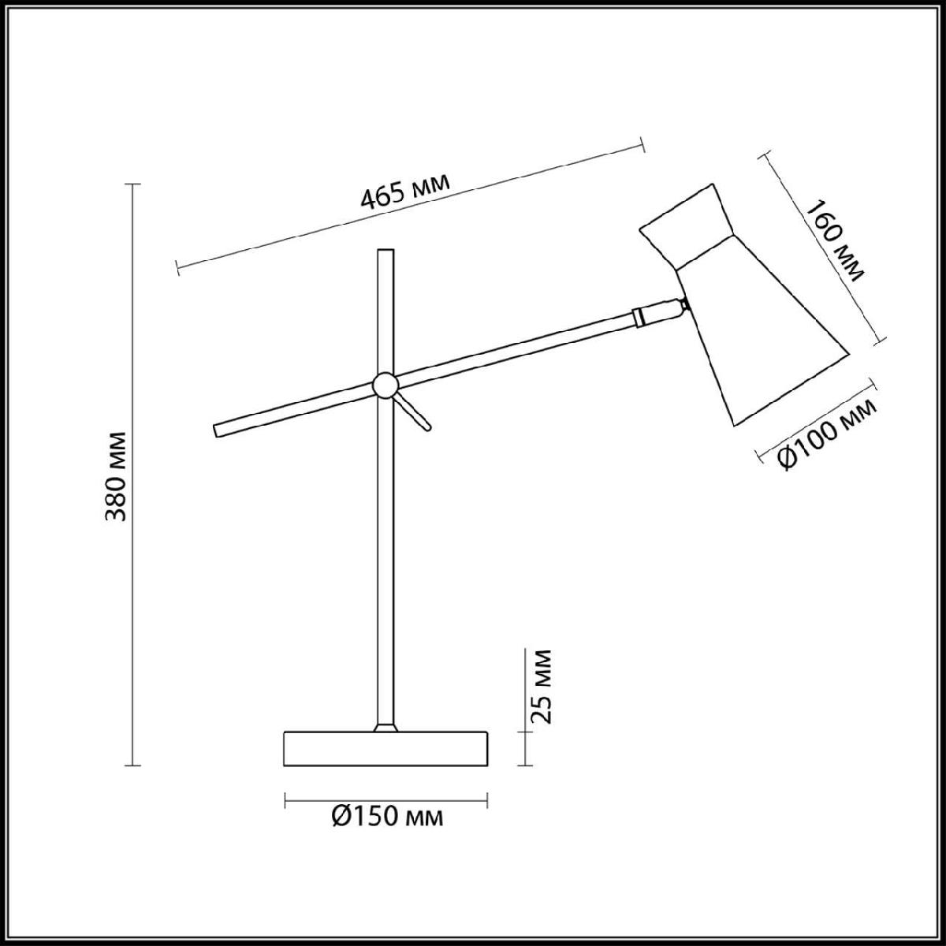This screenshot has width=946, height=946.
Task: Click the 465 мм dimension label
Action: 405,190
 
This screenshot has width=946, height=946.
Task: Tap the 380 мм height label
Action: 117,475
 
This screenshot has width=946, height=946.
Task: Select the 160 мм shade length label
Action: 834,248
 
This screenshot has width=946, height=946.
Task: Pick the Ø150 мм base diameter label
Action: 388,817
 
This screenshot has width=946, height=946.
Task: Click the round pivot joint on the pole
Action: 385,385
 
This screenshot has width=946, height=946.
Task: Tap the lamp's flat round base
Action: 385,762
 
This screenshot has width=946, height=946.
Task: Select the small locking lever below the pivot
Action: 413,412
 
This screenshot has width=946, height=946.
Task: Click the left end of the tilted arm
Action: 215,431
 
